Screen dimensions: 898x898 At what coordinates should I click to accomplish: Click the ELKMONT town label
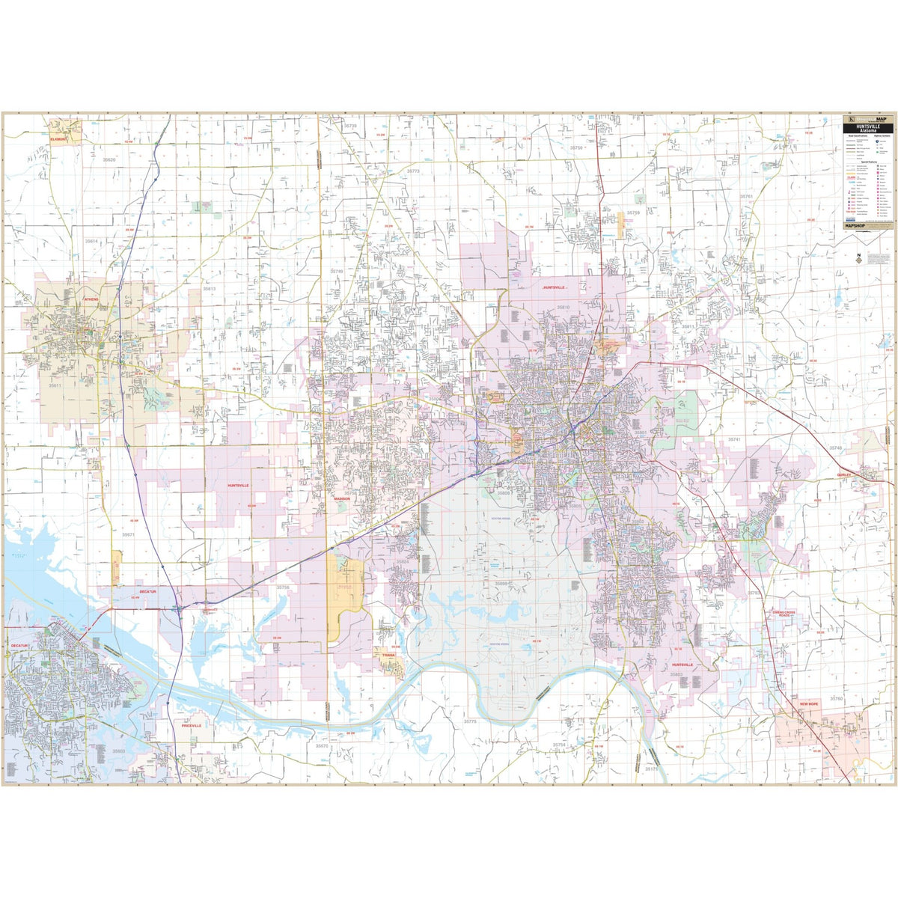click(x=58, y=139)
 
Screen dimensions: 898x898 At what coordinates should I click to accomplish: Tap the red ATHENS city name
click(x=91, y=299)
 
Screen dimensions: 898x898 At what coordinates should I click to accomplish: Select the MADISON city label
click(x=341, y=498)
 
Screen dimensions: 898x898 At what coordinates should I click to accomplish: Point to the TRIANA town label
click(x=388, y=655)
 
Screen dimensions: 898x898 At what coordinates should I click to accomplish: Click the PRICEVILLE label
click(x=192, y=725)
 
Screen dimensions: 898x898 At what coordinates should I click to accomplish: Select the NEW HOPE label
click(x=810, y=704)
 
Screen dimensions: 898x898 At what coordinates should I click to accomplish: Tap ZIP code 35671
click(x=128, y=534)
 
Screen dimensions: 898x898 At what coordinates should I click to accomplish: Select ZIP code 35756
click(x=283, y=587)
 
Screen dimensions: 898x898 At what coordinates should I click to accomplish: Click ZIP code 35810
click(x=563, y=308)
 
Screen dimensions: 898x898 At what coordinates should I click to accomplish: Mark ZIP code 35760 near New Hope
click(x=836, y=698)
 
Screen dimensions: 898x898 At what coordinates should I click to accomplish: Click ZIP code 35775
click(x=470, y=721)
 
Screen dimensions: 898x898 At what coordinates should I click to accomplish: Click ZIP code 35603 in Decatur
click(x=118, y=751)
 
